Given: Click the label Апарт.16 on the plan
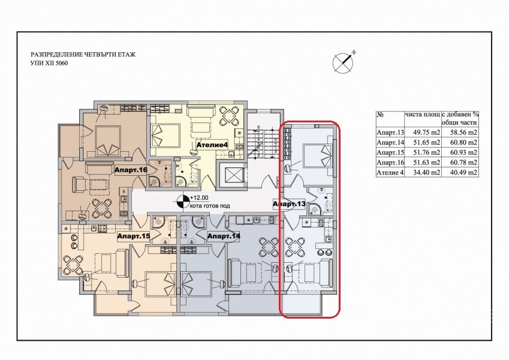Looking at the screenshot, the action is click(x=131, y=170).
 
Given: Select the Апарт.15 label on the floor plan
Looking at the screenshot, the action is click(x=134, y=236).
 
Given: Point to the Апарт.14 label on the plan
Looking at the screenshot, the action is click(x=224, y=236).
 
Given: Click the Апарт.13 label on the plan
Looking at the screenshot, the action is click(x=289, y=204).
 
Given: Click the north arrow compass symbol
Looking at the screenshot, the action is click(x=344, y=62).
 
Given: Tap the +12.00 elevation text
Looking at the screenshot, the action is click(x=199, y=197).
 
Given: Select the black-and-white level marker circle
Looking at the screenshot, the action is click(x=182, y=202).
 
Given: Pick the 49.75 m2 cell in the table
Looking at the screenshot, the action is click(x=422, y=133).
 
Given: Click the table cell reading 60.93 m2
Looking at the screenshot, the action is click(x=460, y=152).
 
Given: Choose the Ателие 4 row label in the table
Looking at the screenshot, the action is click(x=390, y=173).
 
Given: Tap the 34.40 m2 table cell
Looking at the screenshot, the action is click(x=422, y=173).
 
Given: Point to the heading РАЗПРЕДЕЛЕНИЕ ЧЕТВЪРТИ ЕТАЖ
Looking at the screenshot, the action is click(x=83, y=55).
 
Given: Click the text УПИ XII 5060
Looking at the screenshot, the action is click(x=49, y=64).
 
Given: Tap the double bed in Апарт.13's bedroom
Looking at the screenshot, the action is click(x=317, y=155).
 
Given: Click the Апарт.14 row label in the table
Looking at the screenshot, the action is click(x=390, y=143).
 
